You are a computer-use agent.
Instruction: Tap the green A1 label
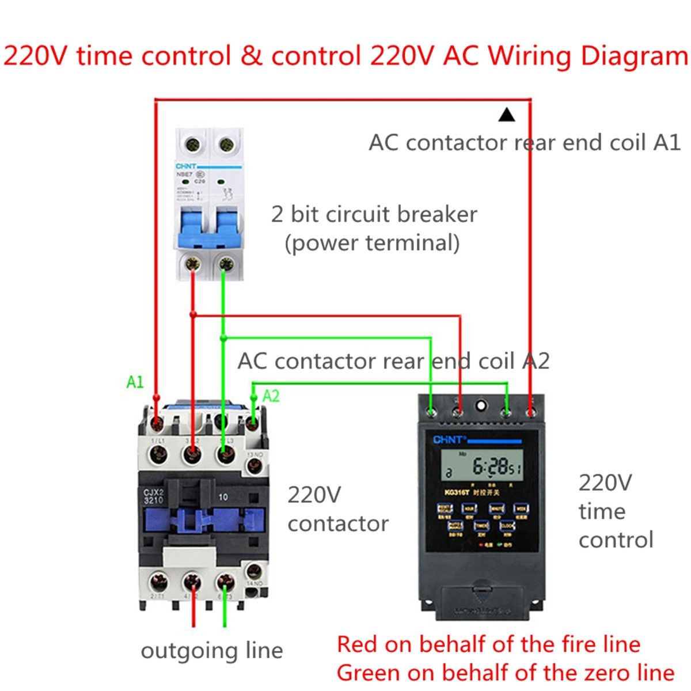point(135,382)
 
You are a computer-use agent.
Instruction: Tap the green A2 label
point(271,396)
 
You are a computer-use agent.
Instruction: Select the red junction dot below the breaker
point(193,314)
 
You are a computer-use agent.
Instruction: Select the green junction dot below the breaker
point(223,338)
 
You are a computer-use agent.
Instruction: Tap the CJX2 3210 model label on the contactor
point(154,496)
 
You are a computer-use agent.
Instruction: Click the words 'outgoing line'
point(212,651)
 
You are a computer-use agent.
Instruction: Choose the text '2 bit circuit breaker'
point(374,214)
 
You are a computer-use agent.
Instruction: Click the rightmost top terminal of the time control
point(531,412)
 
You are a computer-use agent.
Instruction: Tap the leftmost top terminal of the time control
point(431,412)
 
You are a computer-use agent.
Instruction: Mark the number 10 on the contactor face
point(223,496)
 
